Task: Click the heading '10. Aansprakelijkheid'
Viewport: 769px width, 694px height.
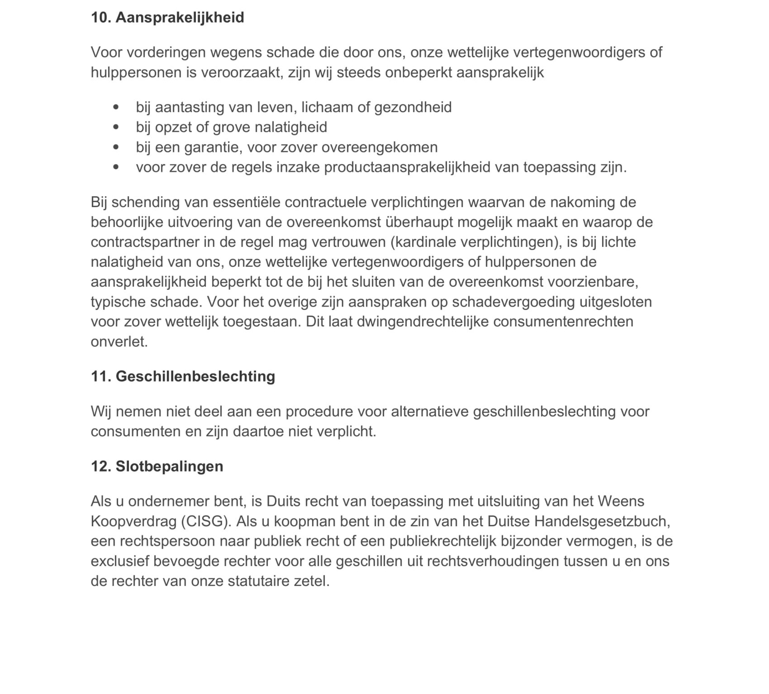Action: click(167, 17)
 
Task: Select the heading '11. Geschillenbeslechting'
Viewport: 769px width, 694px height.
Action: click(183, 376)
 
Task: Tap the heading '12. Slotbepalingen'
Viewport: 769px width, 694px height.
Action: click(157, 466)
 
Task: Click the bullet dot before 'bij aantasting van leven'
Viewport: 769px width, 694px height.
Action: click(116, 107)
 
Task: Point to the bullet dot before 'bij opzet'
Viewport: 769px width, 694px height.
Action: click(116, 127)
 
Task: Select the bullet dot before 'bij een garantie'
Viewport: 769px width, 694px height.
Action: click(116, 147)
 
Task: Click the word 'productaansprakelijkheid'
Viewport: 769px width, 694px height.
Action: click(407, 167)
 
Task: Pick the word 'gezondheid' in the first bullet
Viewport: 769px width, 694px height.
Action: click(413, 107)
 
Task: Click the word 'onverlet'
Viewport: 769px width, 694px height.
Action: click(119, 342)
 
